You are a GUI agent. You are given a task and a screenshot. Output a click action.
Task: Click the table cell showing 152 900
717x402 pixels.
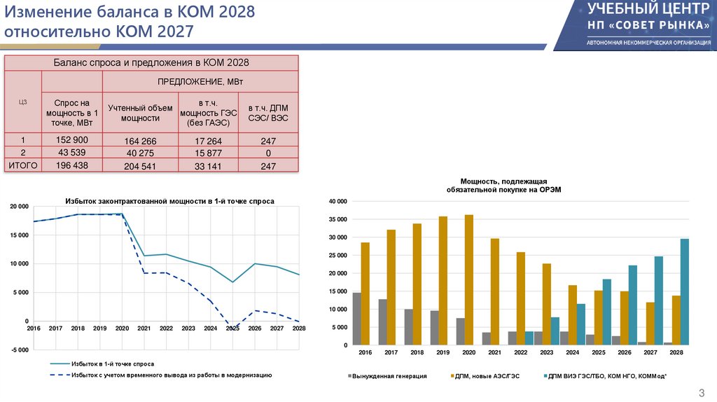71,140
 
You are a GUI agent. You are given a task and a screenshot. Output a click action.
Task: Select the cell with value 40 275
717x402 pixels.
140,153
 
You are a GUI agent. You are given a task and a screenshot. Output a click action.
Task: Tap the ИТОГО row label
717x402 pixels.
22,165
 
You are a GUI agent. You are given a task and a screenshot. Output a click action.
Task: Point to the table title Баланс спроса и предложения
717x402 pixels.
151,63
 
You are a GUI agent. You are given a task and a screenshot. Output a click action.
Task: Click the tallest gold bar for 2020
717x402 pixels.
468,279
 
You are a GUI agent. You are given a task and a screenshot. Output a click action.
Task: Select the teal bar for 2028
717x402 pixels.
684,291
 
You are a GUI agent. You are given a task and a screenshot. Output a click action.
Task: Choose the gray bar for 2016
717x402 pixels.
356,319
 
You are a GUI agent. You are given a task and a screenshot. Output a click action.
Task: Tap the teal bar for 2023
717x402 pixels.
555,331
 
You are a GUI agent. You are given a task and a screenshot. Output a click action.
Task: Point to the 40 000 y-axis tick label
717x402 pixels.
337,201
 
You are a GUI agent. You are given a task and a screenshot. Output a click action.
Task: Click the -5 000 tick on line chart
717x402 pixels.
20,349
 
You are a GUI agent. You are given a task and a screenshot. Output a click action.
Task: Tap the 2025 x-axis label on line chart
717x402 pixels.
232,328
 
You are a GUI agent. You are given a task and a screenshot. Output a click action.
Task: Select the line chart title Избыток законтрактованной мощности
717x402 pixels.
169,201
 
